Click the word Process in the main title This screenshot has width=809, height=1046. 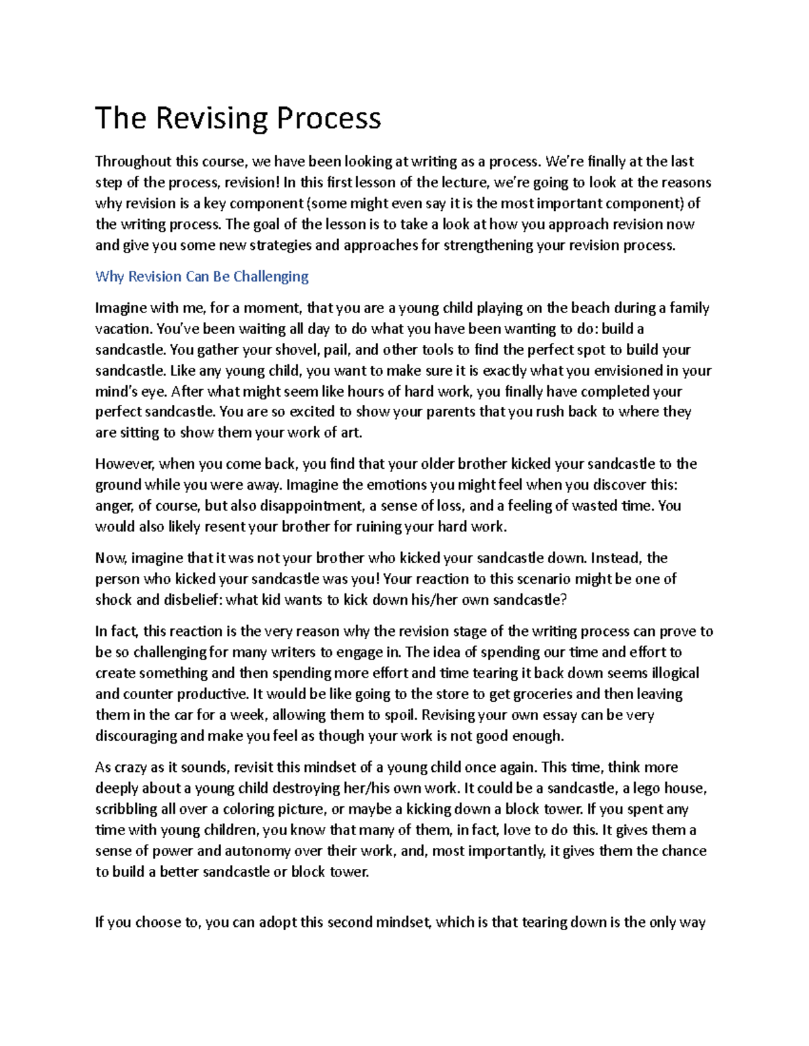(329, 119)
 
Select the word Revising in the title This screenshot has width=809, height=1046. (212, 119)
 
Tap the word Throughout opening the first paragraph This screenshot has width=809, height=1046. (133, 162)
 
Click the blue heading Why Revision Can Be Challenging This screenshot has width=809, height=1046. (202, 276)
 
